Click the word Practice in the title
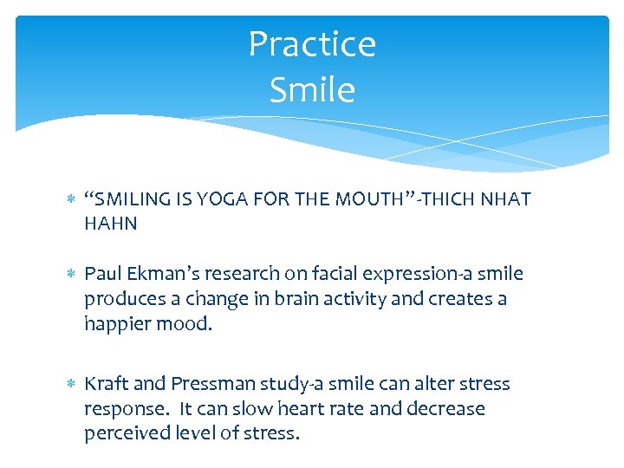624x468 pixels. (312, 45)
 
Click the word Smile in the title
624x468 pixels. (312, 89)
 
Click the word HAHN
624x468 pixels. (110, 224)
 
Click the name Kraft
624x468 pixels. (107, 384)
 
